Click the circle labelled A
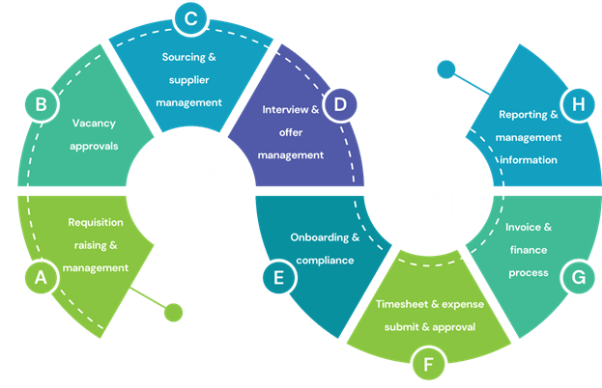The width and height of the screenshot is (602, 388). coord(41,278)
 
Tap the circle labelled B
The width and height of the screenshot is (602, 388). coord(41,103)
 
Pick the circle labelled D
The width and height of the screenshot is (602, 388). coord(339,103)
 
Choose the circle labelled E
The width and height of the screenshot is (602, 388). coord(278,278)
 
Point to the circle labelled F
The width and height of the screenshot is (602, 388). coord(427,366)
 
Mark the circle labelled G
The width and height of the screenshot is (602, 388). coord(578,278)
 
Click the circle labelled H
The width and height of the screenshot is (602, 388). coord(578,103)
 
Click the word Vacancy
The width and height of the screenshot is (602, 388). coord(94,123)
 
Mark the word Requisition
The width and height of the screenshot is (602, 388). coord(95,222)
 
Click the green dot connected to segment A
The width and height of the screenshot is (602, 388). coord(173,312)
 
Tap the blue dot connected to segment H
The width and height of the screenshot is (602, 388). coord(445,69)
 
